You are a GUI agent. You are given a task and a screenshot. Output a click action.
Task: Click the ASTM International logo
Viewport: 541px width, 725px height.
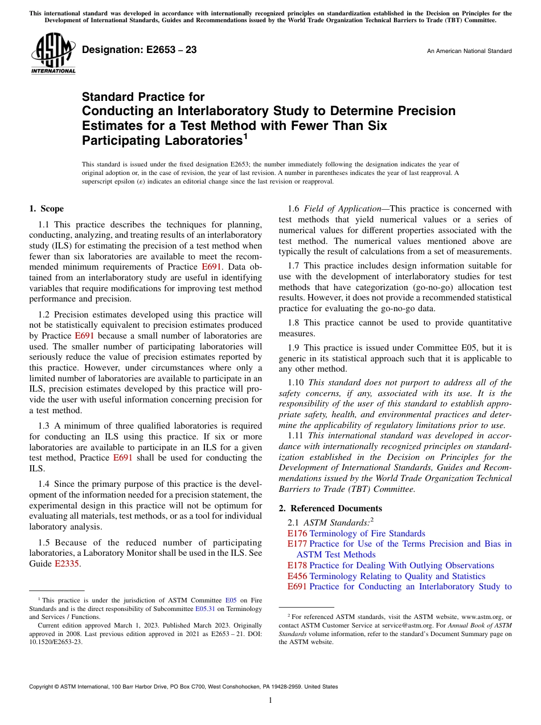pos(52,54)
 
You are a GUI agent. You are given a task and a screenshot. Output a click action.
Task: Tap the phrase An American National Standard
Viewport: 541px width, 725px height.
pos(469,51)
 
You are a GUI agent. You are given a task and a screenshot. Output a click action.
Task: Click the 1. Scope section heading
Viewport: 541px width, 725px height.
pos(46,209)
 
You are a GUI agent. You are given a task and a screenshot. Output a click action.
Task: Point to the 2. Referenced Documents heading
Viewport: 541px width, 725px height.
pos(330,508)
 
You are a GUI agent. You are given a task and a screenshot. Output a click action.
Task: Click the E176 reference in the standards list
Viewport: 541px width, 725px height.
pos(297,533)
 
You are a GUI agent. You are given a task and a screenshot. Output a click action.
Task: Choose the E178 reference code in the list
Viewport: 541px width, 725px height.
pos(297,565)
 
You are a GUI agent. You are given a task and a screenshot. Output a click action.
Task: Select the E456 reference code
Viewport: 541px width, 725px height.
pos(297,576)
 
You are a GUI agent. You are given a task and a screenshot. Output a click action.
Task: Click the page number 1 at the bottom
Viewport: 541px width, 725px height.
pos(270,700)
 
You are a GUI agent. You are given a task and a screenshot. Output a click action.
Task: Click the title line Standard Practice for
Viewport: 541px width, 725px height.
pos(143,97)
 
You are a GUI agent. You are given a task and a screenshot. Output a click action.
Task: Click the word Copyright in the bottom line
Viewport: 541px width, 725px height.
pos(44,687)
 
